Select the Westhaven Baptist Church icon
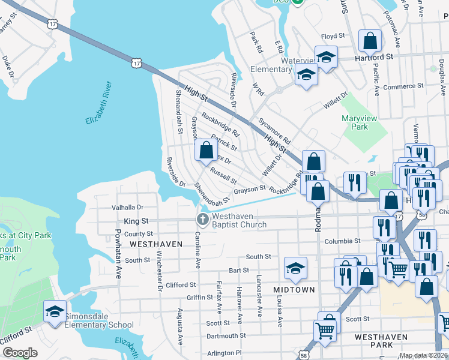click(202, 220)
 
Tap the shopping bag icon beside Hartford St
click(370, 41)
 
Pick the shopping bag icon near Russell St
click(206, 151)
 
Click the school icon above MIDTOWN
click(295, 268)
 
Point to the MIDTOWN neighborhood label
click(294, 290)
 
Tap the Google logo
click(20, 353)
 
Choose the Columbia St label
click(342, 241)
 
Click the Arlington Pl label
click(225, 353)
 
